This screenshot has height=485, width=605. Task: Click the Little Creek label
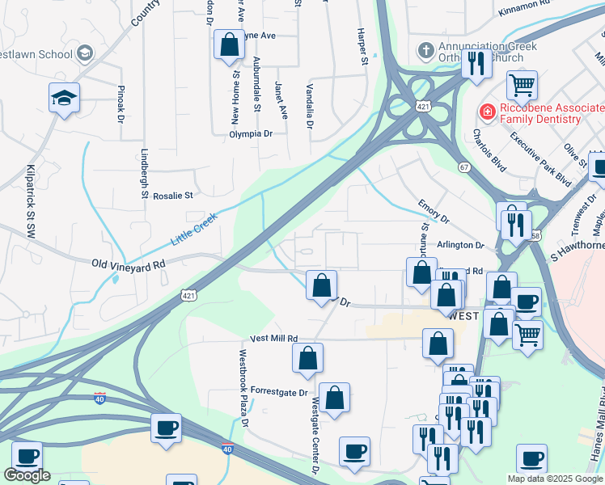tap(194, 230)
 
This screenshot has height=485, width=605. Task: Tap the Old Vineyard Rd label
tap(129, 264)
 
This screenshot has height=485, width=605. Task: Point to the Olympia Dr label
tap(251, 134)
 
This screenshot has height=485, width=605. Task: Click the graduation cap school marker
tap(65, 98)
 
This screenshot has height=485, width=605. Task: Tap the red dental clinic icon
tap(487, 110)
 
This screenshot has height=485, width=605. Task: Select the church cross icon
tap(425, 50)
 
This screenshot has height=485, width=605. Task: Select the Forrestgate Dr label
tap(279, 393)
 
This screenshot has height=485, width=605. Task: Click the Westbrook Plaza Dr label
tap(242, 388)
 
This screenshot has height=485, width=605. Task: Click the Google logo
tap(27, 475)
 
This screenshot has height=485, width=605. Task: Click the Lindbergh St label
tap(145, 172)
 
